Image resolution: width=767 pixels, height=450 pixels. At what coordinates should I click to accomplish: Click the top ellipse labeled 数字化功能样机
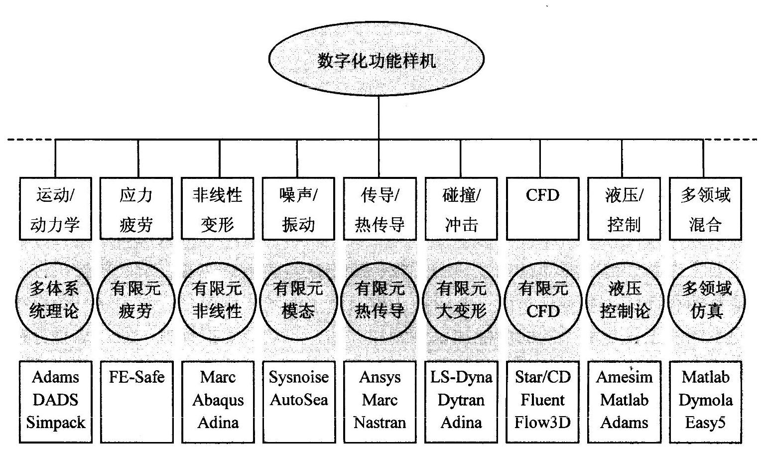(x=377, y=60)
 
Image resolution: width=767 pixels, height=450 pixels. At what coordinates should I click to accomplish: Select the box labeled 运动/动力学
(x=55, y=209)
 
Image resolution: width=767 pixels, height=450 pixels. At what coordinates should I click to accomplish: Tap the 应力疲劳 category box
(x=136, y=209)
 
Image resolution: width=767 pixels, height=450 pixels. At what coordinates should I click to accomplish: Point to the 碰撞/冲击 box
(x=461, y=209)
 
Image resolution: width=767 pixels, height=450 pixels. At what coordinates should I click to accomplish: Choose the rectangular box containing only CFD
(x=542, y=209)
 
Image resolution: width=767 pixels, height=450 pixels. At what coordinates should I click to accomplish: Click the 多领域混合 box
(x=705, y=209)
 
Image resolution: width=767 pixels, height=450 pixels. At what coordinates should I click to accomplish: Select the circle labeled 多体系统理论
(x=55, y=300)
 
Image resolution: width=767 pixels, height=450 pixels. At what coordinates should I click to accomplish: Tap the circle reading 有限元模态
(x=298, y=300)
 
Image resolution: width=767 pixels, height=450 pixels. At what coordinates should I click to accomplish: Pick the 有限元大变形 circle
(x=461, y=300)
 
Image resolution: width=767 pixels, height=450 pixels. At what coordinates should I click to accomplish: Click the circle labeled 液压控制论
(x=625, y=300)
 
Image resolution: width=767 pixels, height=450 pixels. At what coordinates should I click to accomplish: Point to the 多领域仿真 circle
(x=706, y=300)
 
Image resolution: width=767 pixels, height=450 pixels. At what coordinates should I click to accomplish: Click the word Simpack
(x=56, y=423)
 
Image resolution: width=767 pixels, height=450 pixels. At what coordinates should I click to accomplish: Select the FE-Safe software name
(x=136, y=377)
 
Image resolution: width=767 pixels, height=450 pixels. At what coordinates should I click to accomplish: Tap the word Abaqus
(x=218, y=400)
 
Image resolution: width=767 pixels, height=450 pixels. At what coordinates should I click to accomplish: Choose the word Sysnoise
(x=299, y=377)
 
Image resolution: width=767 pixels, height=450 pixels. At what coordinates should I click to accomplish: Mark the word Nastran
(x=380, y=423)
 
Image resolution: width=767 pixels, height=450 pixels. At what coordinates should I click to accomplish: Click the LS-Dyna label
(x=461, y=377)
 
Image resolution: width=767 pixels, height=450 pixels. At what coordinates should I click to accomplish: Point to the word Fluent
(x=542, y=400)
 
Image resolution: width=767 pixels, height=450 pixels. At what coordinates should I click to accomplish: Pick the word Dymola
(x=706, y=400)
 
